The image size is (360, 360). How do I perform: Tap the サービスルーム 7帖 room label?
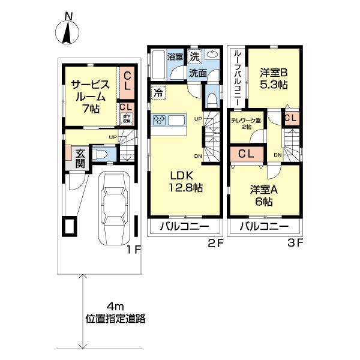(x=91, y=97)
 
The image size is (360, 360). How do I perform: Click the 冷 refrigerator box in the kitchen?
(x=157, y=93)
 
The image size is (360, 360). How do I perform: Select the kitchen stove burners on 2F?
(x=160, y=121)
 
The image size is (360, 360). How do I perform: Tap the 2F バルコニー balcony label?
(x=184, y=227)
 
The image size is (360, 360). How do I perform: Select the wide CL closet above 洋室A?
(x=246, y=154)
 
